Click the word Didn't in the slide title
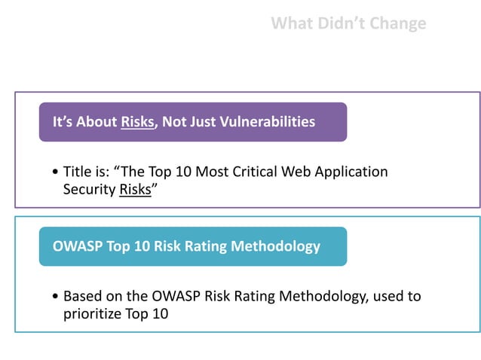pos(346,23)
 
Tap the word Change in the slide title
pos(399,23)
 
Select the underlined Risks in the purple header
pos(137,121)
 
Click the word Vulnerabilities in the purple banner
pos(268,121)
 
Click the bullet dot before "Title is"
pos(57,172)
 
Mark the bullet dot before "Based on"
pos(57,297)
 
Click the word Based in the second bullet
pos(81,296)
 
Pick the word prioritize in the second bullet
pos(93,313)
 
